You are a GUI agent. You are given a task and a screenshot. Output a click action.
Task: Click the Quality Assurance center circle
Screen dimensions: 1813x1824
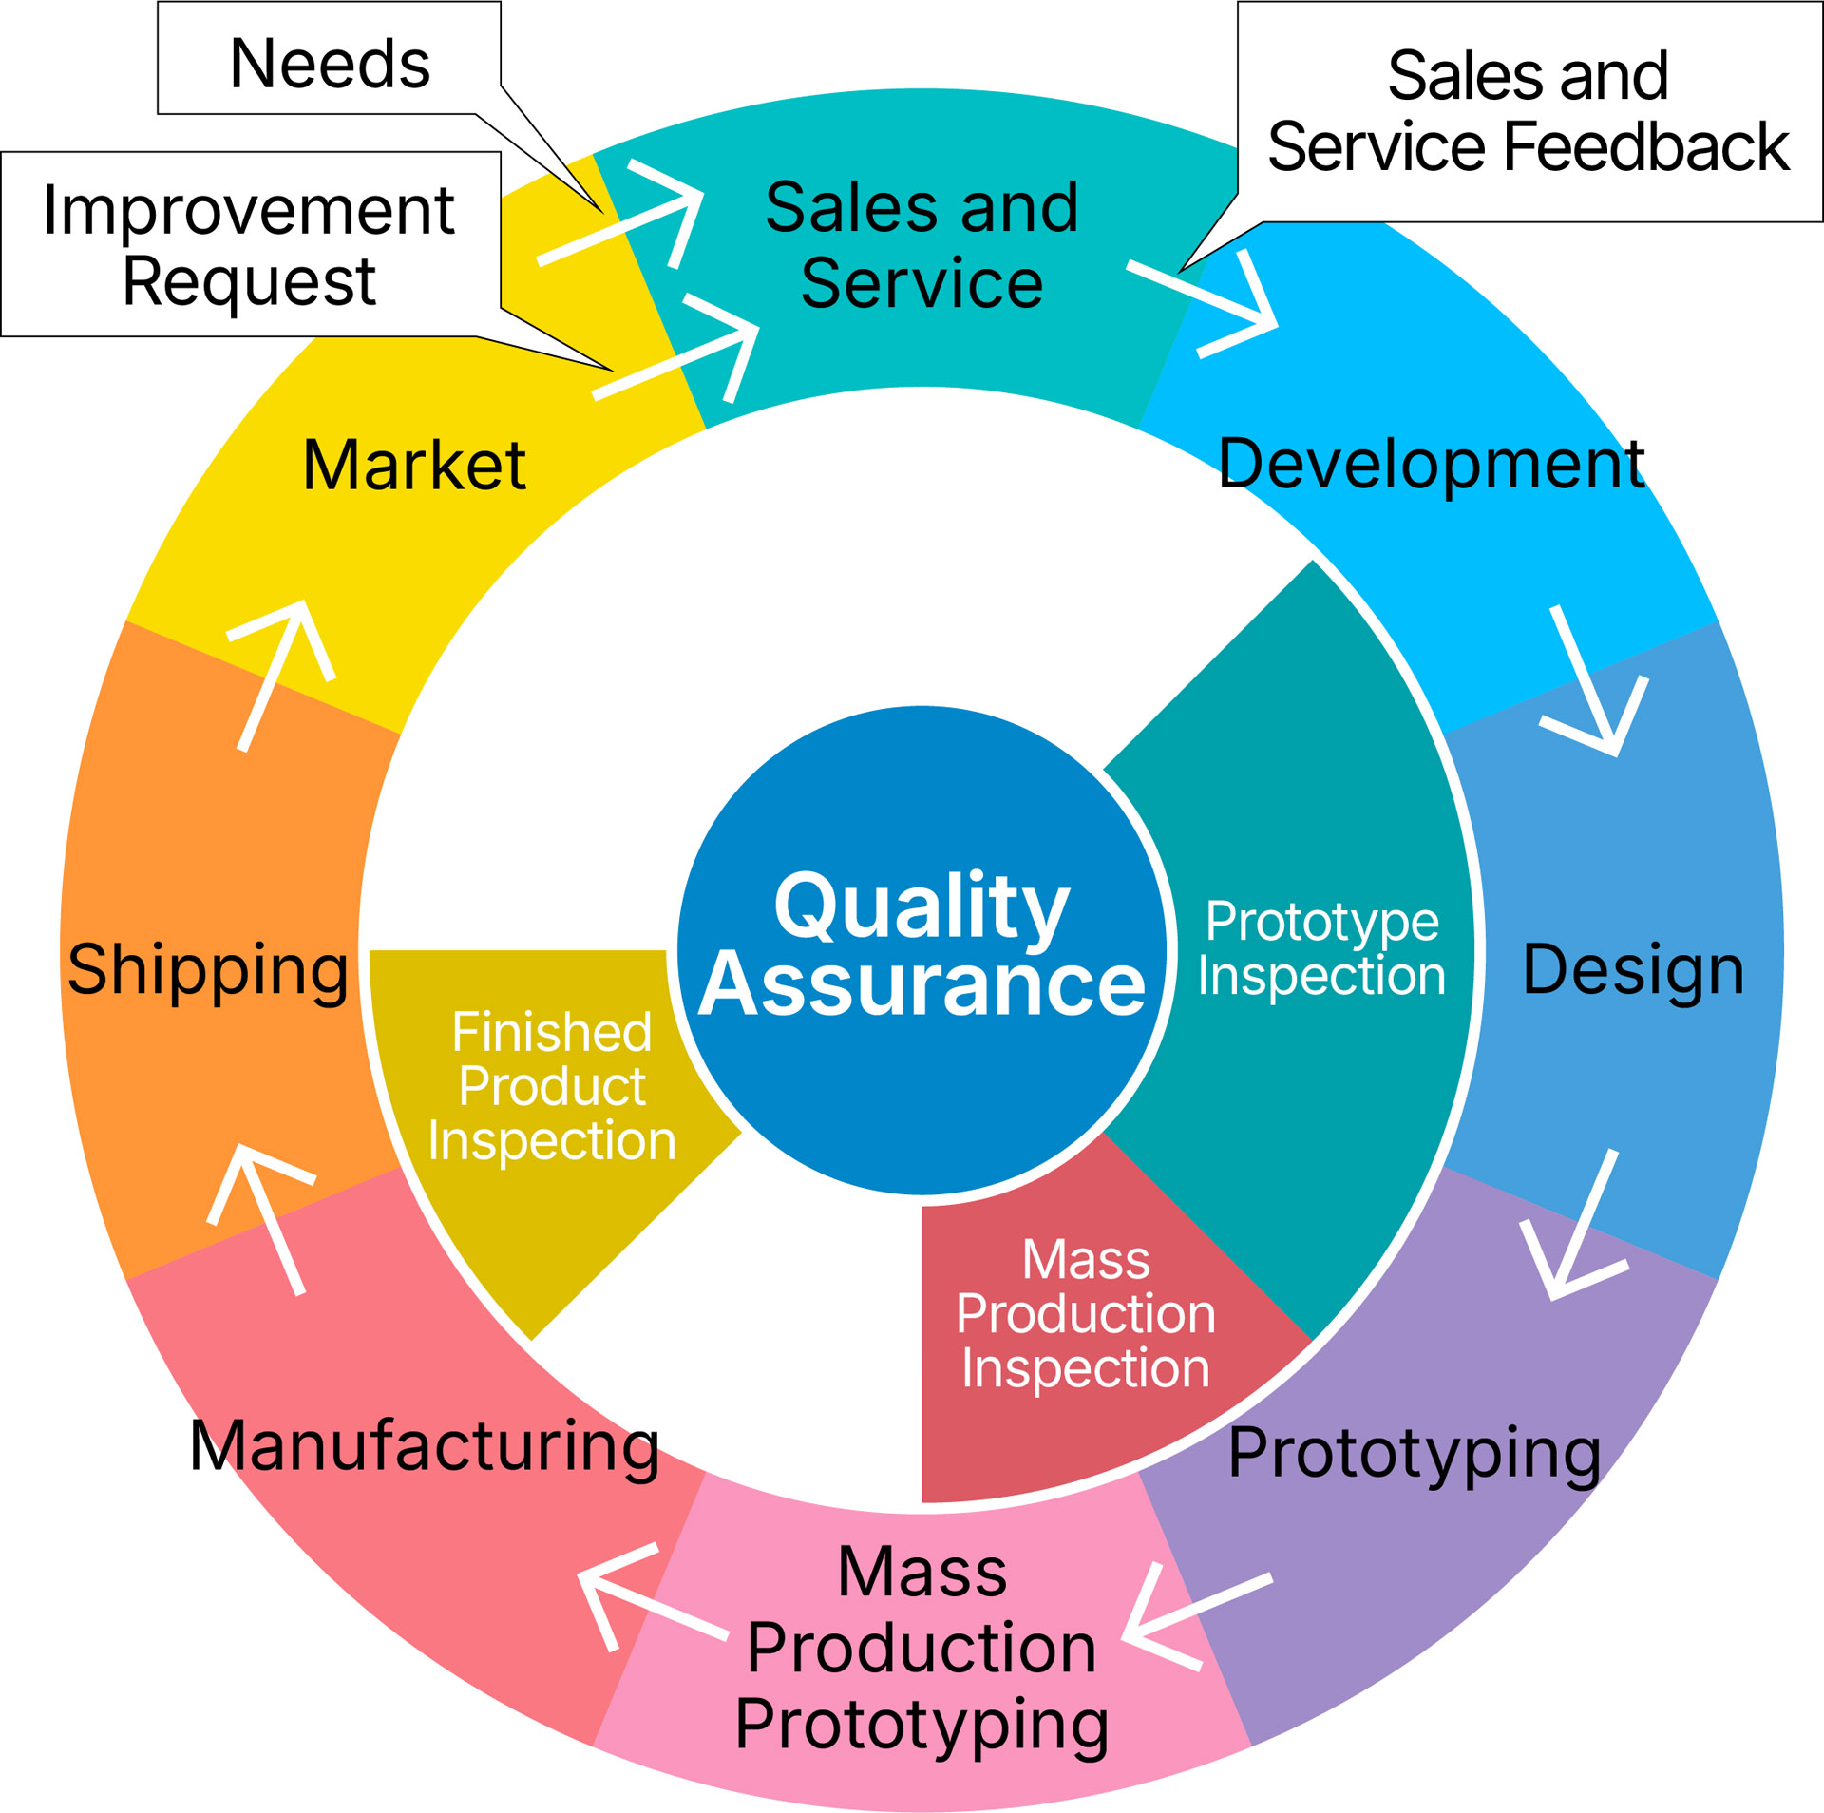coord(921,950)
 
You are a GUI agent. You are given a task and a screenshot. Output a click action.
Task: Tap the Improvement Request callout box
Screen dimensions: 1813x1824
coord(250,244)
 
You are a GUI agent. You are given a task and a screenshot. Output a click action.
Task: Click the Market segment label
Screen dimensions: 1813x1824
coord(414,466)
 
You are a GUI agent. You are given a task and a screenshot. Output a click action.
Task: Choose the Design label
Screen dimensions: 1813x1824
coord(1633,969)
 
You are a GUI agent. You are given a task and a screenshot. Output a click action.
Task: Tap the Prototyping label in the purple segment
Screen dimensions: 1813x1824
coord(1415,1452)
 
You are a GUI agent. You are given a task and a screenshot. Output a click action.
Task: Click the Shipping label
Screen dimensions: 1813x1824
coord(208,969)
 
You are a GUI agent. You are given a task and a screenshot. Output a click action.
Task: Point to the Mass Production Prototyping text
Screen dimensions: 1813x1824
coord(921,1647)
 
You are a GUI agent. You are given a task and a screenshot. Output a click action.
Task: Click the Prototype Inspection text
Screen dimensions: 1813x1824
coord(1321,948)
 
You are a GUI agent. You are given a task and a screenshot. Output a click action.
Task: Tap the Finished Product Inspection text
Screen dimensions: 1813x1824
coord(552,1085)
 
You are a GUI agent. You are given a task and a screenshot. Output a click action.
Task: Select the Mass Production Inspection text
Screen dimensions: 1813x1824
coord(1086,1313)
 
